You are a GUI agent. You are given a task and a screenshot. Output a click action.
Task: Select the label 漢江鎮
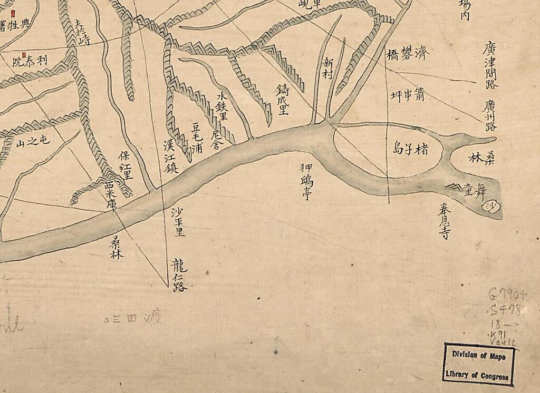point(171,156)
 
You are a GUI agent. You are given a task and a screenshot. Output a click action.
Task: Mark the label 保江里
point(126,165)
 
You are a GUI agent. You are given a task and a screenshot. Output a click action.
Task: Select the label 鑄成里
point(283,99)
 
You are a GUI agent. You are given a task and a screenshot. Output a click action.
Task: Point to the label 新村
point(329,69)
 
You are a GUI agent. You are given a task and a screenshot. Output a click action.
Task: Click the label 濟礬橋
point(408,53)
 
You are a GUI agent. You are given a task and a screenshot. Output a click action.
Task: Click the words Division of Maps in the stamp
point(478,356)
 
